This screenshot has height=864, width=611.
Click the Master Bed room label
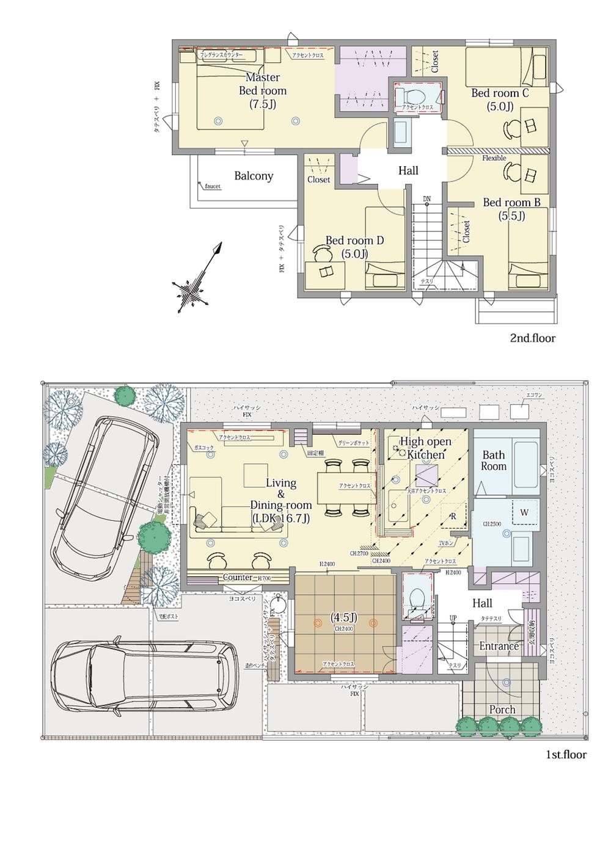pos(263,90)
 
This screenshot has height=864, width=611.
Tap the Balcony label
pos(254,176)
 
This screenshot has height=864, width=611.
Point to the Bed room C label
pos(500,100)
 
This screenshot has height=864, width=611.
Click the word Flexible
pos(494,158)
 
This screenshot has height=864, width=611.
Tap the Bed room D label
pos(354,247)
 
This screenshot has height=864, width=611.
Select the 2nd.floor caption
pos(533,338)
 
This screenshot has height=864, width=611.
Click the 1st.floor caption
pos(566,755)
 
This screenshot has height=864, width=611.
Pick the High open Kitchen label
pos(425,448)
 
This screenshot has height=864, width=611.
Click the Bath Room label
pos(494,460)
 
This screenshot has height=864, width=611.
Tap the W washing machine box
pos(524,512)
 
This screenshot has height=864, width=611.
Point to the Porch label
pos(502,710)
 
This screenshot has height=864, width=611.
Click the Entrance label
pos(499,646)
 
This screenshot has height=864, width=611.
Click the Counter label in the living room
pos(237,577)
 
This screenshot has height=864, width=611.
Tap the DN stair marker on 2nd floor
pos(427,199)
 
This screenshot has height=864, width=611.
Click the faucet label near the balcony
pos(213,186)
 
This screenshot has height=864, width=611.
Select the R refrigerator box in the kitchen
pos(453,516)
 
